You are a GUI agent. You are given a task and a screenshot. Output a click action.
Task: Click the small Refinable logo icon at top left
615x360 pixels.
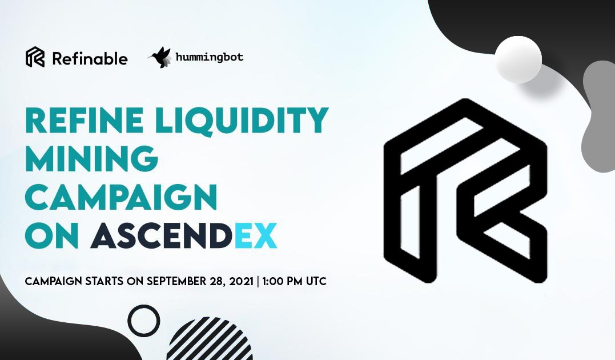35,57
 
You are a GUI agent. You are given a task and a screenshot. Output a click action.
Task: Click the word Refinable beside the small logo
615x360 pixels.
90,59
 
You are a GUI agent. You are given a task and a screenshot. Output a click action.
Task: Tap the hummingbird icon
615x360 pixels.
159,57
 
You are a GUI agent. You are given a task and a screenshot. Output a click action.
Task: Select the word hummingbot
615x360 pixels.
210,57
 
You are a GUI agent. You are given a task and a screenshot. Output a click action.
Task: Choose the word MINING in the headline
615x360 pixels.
92,158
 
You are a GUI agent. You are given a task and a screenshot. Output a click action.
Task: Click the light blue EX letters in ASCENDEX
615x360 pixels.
256,235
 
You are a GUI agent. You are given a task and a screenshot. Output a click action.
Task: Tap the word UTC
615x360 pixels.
316,282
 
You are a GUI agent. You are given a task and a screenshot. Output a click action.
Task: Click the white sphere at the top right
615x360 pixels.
518,59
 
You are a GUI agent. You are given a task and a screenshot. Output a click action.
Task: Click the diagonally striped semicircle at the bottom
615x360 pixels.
210,340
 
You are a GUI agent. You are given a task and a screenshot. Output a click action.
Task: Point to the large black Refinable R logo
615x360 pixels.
465,191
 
